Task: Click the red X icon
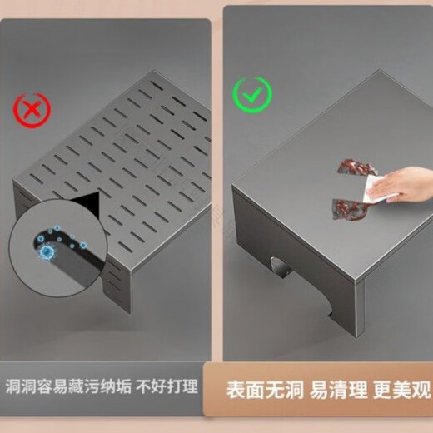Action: (x=32, y=108)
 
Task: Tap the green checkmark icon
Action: (x=251, y=93)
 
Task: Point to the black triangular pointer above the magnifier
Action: (x=87, y=202)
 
